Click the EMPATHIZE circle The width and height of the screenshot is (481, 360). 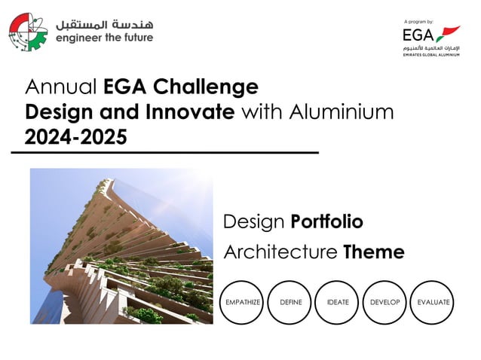pos(243,302)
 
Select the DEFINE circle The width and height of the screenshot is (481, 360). pos(290,302)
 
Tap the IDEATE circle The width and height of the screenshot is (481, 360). pos(338,302)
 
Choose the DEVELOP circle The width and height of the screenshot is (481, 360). pos(385,302)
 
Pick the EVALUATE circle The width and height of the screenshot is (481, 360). pos(433,302)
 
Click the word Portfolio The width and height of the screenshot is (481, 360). pos(327,222)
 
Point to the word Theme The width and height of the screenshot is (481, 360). pos(374,252)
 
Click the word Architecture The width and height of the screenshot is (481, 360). pos(280,252)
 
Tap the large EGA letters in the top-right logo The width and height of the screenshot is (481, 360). pos(419,35)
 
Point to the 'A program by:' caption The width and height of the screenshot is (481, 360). pos(419,21)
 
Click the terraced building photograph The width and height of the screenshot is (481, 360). pos(121,246)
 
